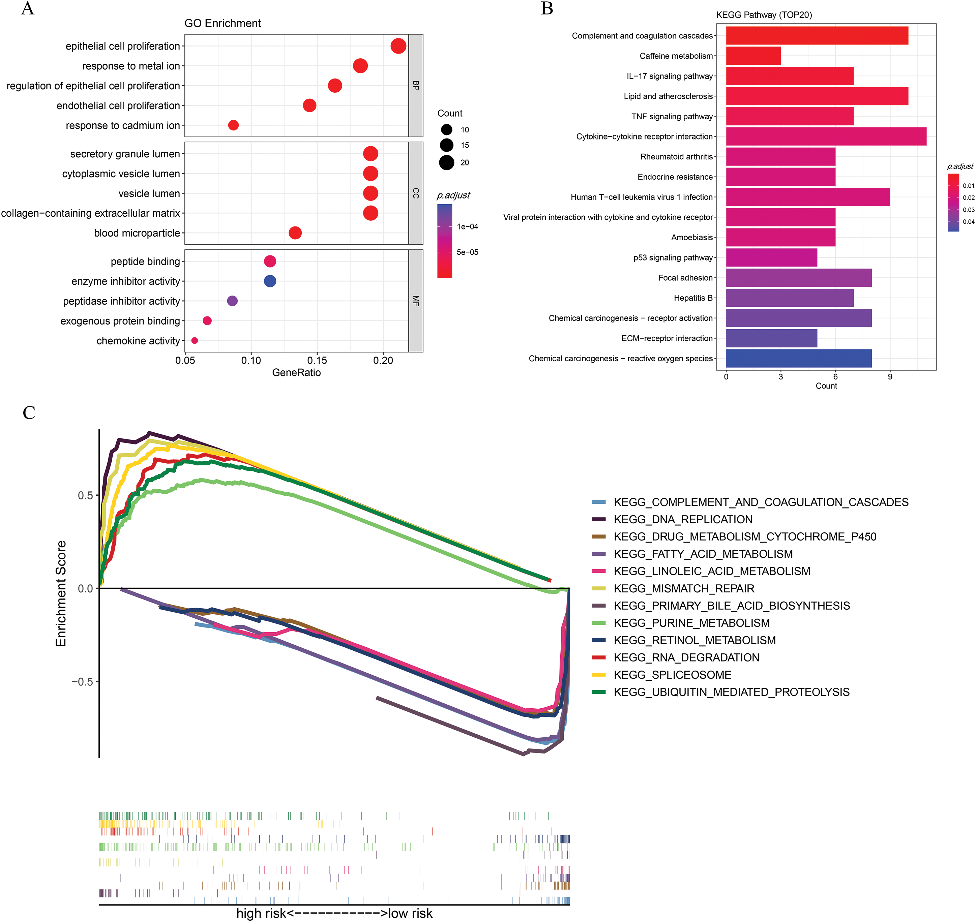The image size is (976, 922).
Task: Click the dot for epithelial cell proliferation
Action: [x=398, y=46]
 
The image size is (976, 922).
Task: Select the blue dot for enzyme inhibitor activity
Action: [x=270, y=281]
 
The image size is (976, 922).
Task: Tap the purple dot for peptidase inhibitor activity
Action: [x=233, y=301]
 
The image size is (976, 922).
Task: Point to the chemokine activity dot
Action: [x=195, y=341]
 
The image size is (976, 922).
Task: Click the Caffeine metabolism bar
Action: [x=753, y=56]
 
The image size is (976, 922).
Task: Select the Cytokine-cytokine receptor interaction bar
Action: [x=826, y=136]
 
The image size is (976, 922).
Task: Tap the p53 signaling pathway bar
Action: [x=771, y=257]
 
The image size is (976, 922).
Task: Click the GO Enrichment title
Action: [x=223, y=23]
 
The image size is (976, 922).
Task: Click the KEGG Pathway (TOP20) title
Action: [x=764, y=15]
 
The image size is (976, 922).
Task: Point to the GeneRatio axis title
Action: [x=296, y=372]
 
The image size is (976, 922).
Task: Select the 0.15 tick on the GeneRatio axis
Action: [x=317, y=361]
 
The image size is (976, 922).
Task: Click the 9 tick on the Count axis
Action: [x=890, y=377]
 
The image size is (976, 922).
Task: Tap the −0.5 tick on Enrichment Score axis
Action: [x=82, y=682]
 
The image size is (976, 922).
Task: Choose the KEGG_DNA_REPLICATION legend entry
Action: [x=683, y=520]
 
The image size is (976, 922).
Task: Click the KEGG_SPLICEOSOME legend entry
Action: [x=672, y=675]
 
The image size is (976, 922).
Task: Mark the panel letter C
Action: [x=29, y=413]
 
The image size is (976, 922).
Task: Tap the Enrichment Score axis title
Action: [x=61, y=593]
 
